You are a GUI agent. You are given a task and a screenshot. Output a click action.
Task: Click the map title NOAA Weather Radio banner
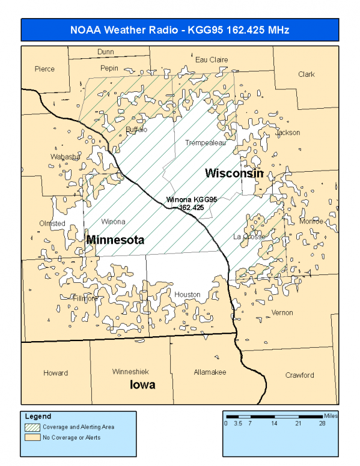(x=180, y=30)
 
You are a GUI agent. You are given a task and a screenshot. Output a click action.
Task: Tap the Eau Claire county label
(x=212, y=59)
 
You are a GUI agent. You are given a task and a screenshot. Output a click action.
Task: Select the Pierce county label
(x=44, y=69)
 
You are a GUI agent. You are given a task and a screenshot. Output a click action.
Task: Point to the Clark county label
(x=306, y=74)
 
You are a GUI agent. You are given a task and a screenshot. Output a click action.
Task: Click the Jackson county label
(x=288, y=133)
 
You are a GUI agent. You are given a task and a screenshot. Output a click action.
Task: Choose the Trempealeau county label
(x=205, y=143)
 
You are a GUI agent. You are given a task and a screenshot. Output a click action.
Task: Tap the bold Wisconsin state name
(x=234, y=174)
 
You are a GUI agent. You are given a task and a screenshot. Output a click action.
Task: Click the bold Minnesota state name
(x=115, y=240)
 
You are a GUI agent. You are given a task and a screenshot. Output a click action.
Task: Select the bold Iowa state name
(x=142, y=385)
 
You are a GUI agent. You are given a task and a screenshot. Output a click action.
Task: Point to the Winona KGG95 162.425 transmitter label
(x=191, y=203)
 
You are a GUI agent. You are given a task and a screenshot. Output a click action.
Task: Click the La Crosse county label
(x=249, y=237)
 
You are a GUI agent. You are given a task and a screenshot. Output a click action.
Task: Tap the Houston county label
(x=187, y=295)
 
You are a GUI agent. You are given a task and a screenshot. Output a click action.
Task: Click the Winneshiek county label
(x=130, y=372)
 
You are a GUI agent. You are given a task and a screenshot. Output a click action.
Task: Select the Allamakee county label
(x=210, y=372)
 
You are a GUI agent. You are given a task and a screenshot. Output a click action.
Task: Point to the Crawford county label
(x=299, y=375)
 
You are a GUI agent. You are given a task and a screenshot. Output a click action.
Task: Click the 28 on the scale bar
(x=323, y=423)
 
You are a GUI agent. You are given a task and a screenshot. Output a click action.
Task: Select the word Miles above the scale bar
(x=330, y=415)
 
